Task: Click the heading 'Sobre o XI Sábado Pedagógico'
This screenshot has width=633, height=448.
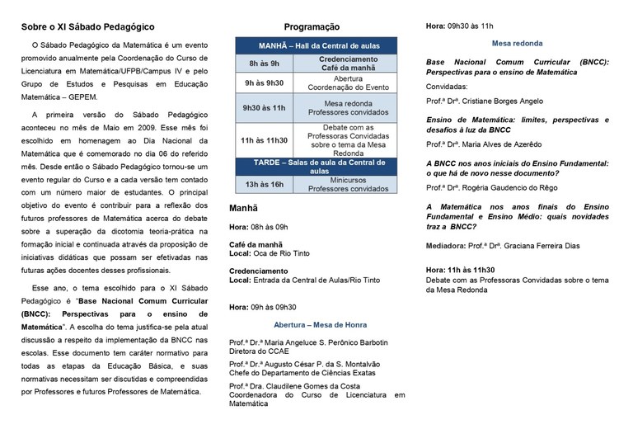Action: click(x=87, y=27)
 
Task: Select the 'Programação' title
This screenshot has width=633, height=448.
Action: click(x=312, y=27)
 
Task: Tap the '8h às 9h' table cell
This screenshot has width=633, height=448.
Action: click(x=265, y=63)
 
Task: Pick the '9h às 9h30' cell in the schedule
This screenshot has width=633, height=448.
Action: click(x=265, y=83)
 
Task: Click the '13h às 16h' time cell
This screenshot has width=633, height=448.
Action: click(x=265, y=184)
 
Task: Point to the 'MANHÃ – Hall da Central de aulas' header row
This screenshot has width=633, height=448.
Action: click(x=314, y=45)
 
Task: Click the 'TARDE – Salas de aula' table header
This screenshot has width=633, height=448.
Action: click(x=314, y=165)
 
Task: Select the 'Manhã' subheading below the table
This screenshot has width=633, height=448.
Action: click(x=244, y=210)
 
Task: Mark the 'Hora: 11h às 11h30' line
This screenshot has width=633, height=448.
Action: click(x=460, y=269)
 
